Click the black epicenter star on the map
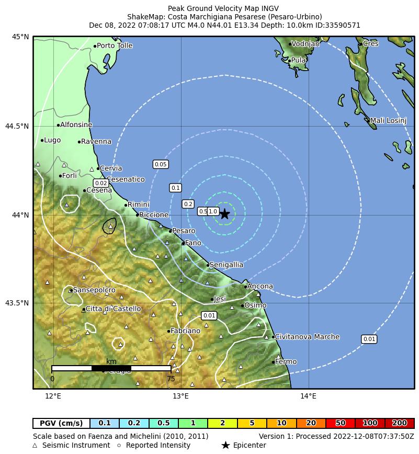pyautogui.click(x=225, y=214)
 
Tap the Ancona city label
pyautogui.click(x=260, y=287)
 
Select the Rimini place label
pyautogui.click(x=139, y=205)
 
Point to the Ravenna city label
pyautogui.click(x=96, y=142)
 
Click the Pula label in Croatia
pyautogui.click(x=298, y=61)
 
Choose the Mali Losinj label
pyautogui.click(x=388, y=121)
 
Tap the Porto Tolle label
pyautogui.click(x=115, y=46)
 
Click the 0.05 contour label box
pyautogui.click(x=161, y=164)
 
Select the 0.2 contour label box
pyautogui.click(x=188, y=204)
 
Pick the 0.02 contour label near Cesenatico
pyautogui.click(x=101, y=183)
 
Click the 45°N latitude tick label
pyautogui.click(x=20, y=37)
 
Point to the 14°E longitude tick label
pyautogui.click(x=308, y=396)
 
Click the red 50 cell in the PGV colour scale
pyautogui.click(x=340, y=423)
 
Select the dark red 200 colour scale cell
pyautogui.click(x=399, y=423)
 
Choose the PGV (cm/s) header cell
pyautogui.click(x=61, y=423)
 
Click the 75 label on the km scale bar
pyautogui.click(x=171, y=379)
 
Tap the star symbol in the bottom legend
pyautogui.click(x=225, y=445)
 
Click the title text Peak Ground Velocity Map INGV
pyautogui.click(x=223, y=9)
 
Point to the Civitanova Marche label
pyautogui.click(x=307, y=337)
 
